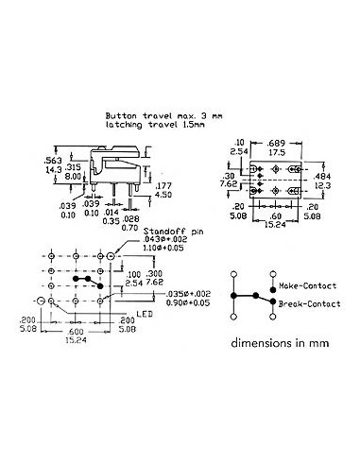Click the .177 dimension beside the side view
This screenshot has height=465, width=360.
[x=163, y=186]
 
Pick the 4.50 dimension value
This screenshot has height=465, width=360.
[x=163, y=195]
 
